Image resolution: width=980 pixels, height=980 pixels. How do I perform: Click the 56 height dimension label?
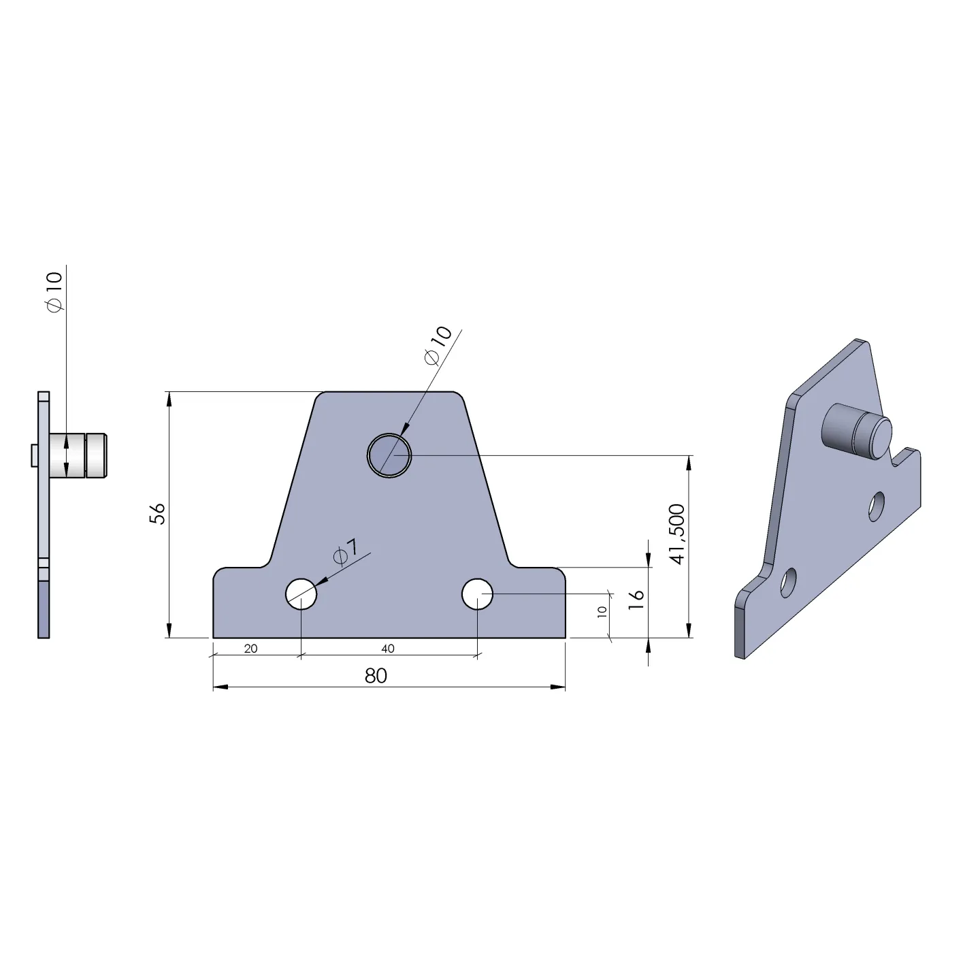tap(158, 514)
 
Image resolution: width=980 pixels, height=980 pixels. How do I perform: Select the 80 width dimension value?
tap(376, 676)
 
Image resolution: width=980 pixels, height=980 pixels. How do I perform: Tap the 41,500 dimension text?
tap(677, 534)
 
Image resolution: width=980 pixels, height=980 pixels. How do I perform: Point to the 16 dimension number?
tap(636, 600)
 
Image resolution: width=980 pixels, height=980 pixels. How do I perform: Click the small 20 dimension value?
tap(250, 649)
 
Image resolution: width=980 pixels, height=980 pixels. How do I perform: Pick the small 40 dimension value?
tap(387, 649)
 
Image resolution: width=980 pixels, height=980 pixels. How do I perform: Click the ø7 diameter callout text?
tap(346, 553)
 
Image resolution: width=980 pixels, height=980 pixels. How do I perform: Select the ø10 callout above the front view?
tap(438, 345)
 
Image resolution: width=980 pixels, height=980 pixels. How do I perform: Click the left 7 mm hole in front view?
tap(301, 593)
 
